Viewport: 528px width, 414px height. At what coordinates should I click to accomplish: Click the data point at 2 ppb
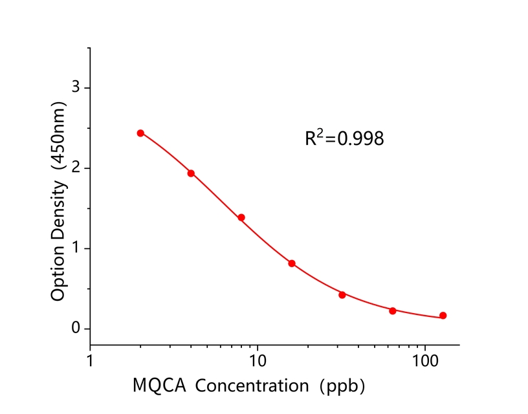tap(140, 133)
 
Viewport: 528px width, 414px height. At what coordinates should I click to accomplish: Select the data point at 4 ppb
tap(191, 173)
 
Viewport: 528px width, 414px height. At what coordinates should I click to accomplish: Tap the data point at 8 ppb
tap(241, 217)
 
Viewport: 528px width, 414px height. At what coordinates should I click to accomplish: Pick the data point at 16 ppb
tap(292, 263)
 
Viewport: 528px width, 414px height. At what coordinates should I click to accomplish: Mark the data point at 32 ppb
tap(342, 294)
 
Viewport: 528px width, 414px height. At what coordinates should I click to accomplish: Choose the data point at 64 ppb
tap(393, 310)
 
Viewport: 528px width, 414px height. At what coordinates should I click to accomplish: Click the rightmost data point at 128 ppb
tap(443, 316)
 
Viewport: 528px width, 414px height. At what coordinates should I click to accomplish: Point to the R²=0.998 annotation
tap(344, 138)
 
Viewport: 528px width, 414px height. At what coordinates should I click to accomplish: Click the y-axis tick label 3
tap(76, 87)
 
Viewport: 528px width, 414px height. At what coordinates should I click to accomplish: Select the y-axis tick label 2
tap(76, 168)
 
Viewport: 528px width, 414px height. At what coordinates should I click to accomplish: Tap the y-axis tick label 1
tap(76, 248)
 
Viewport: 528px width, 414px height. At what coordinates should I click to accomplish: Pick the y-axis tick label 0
tap(76, 329)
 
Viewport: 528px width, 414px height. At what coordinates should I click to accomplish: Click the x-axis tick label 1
tap(90, 358)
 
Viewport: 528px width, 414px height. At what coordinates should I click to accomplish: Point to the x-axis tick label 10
tap(258, 358)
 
